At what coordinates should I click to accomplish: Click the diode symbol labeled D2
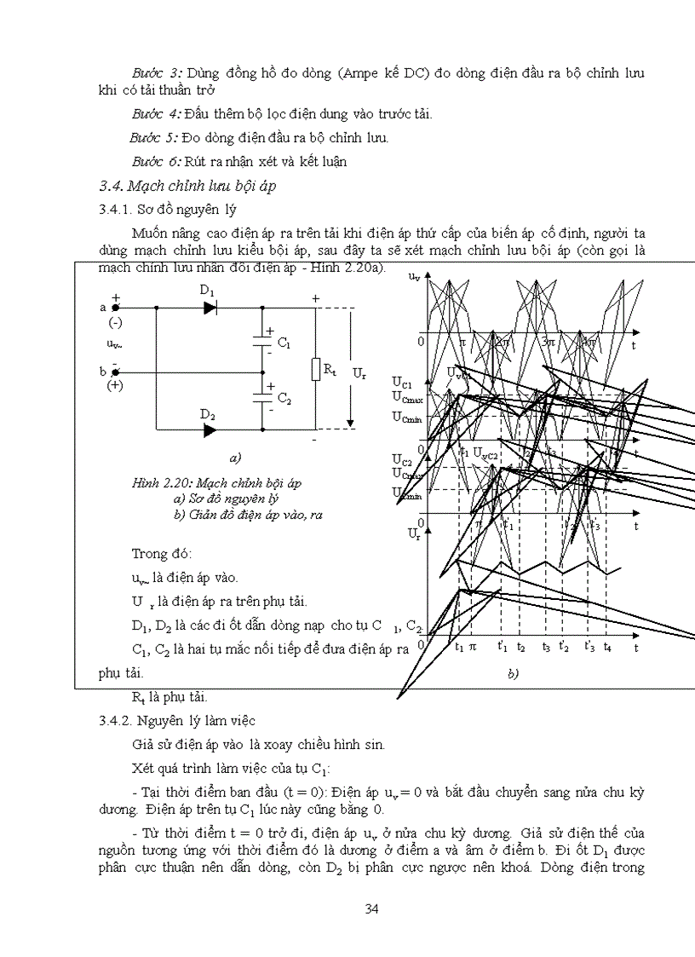point(210,430)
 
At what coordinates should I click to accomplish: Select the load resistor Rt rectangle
point(317,369)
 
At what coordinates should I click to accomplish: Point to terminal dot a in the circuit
point(116,308)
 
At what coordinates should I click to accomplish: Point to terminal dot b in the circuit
point(116,372)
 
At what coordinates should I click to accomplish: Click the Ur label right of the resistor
point(359,373)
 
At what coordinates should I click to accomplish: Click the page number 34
point(371,908)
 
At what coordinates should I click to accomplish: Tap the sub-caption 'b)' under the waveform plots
point(513,673)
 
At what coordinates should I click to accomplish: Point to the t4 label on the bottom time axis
point(607,648)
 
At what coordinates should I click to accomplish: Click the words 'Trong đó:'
point(162,553)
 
